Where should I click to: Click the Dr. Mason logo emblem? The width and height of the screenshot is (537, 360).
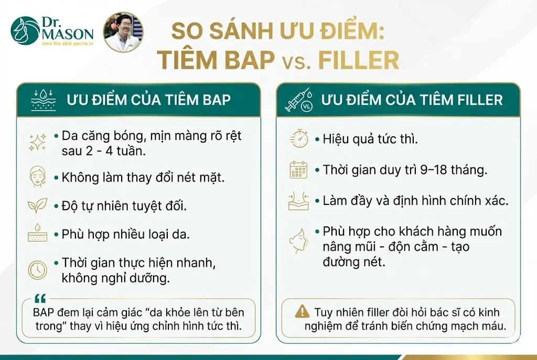(25, 31)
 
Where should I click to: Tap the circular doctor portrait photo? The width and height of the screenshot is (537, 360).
(123, 32)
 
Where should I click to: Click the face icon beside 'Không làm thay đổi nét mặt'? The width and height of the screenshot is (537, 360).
(37, 177)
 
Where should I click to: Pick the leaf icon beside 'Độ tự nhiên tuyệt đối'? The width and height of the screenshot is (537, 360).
(37, 205)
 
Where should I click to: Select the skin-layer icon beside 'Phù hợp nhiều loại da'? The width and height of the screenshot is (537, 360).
(37, 234)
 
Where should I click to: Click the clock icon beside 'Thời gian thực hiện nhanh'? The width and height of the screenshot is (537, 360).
(37, 269)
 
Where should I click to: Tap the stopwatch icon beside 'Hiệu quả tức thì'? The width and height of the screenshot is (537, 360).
(299, 139)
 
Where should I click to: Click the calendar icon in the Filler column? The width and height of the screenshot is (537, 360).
(299, 170)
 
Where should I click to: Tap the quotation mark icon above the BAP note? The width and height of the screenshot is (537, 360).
(40, 299)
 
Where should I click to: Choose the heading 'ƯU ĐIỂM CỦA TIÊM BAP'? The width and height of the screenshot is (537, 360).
(148, 100)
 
